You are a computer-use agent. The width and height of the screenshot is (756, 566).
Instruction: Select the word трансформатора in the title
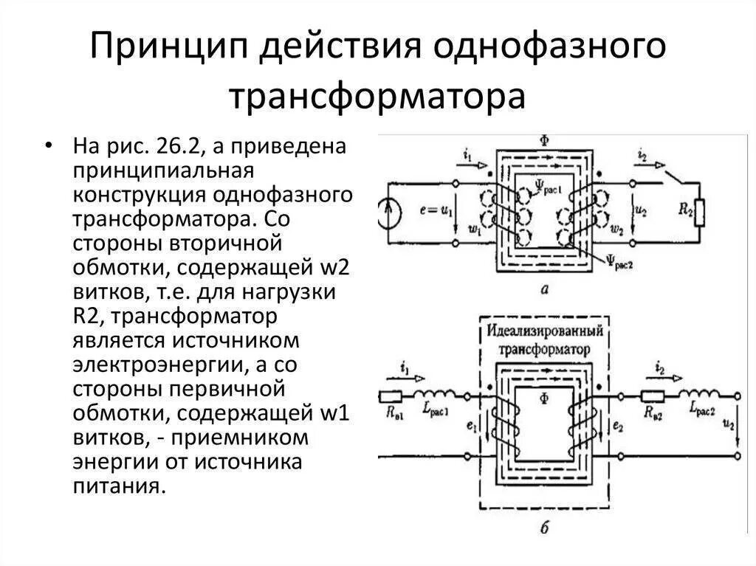pos(377,97)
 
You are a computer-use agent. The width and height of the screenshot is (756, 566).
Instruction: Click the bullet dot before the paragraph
pos(49,145)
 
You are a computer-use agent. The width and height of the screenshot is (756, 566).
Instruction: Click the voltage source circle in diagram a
pos(390,213)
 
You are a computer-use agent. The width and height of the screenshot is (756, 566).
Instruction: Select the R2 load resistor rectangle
pos(699,213)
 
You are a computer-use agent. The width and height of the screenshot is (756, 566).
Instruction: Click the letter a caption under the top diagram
pos(544,290)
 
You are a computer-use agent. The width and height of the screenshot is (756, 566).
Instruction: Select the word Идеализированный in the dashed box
pos(544,328)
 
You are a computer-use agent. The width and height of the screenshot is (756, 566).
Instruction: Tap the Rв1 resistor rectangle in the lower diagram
pos(391,396)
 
